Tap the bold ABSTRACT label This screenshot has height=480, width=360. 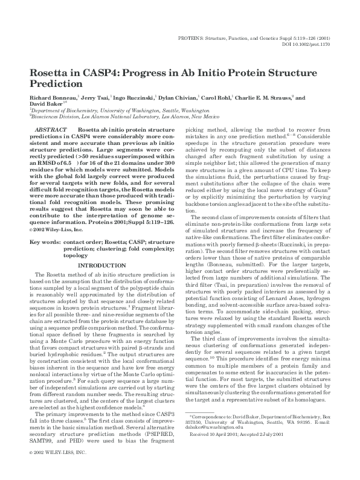tap(50, 130)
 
